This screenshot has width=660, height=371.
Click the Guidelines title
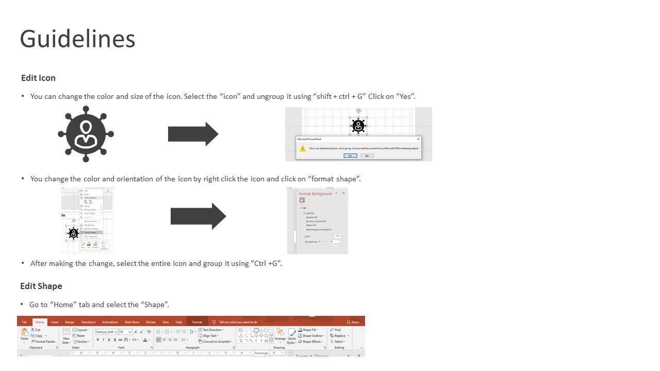tap(77, 39)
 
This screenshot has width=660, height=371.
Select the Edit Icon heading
tap(38, 78)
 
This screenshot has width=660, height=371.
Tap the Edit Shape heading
tap(41, 286)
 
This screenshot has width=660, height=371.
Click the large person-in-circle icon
tap(86, 134)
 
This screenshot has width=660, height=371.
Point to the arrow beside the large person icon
tap(193, 134)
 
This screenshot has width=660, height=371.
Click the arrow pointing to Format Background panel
tap(199, 216)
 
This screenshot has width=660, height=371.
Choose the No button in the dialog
tap(367, 156)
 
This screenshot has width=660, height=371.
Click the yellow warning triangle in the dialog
tap(303, 148)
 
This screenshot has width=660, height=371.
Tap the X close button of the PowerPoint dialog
tap(418, 139)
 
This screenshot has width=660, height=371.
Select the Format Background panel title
tap(315, 194)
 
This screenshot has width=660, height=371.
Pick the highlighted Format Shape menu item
tap(91, 232)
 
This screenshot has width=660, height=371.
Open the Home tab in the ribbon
tap(40, 322)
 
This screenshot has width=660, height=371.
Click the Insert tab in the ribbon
tap(54, 322)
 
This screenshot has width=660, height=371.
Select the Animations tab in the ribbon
tap(110, 322)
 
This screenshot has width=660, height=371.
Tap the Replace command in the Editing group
tap(339, 335)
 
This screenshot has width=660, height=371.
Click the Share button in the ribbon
tap(353, 322)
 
